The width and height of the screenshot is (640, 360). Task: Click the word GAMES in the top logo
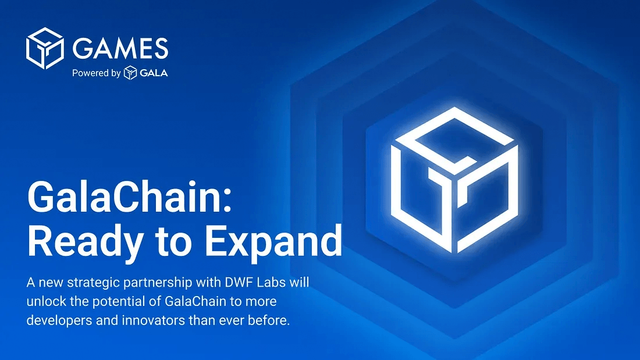coord(120,48)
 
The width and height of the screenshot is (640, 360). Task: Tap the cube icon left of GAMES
coord(45,48)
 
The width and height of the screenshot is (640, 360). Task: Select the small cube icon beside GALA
coord(130,73)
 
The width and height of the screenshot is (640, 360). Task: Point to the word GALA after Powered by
coord(154,73)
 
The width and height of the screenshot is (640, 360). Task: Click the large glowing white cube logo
coord(454,179)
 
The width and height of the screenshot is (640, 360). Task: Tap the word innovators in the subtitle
coord(153,321)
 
